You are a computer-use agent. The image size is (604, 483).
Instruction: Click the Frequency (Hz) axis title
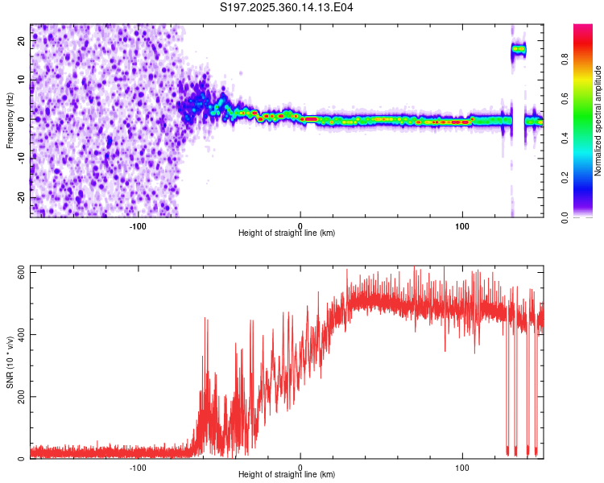click(x=10, y=121)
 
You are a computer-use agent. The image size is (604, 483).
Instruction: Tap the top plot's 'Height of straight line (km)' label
click(x=287, y=233)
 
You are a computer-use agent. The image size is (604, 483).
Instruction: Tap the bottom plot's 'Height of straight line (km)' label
click(x=287, y=475)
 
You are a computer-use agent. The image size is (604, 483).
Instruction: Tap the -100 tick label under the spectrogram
click(x=138, y=225)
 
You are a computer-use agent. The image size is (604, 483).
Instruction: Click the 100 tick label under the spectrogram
click(x=462, y=225)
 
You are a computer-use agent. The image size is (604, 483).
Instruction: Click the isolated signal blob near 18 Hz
click(x=519, y=49)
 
